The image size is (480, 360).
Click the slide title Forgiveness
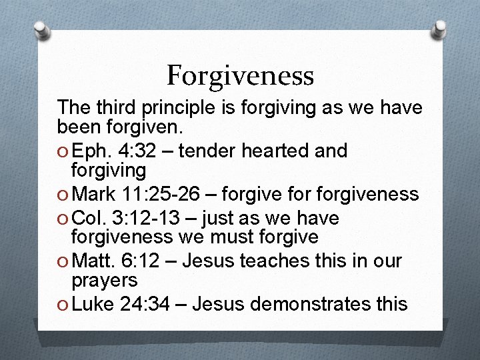[240, 75]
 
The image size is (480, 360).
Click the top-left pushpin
[42, 29]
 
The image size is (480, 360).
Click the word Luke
[93, 304]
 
